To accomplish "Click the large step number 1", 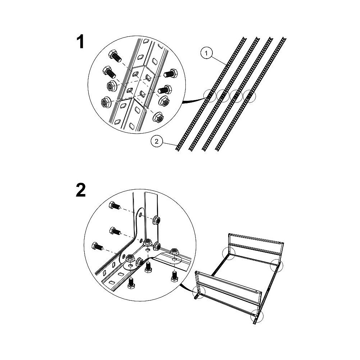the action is coord(80,42).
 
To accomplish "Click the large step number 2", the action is coord(81,190).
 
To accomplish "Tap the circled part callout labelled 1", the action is coord(206,53).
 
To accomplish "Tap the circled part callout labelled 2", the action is coord(157,141).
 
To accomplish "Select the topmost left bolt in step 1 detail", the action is coord(115,56).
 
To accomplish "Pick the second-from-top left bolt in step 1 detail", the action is coord(110,72).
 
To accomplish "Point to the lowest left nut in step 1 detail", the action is coord(107,102).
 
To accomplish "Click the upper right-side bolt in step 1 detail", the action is coord(170,73).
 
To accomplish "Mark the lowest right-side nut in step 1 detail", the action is coord(158,118).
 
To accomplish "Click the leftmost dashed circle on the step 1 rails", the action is coord(210,96).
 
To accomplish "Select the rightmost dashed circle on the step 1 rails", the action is coord(249,96).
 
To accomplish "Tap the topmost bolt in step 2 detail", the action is coord(115,205).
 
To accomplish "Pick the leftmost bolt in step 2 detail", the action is coord(97,246).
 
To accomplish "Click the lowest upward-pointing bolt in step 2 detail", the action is coord(131,283).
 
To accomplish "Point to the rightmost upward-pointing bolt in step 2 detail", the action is coord(175,276).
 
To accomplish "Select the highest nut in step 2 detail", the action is coord(156,220).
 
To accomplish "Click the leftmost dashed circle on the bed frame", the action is coord(198,292).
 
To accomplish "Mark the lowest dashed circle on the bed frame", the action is coord(257,316).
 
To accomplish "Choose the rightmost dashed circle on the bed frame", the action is coord(276,266).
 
